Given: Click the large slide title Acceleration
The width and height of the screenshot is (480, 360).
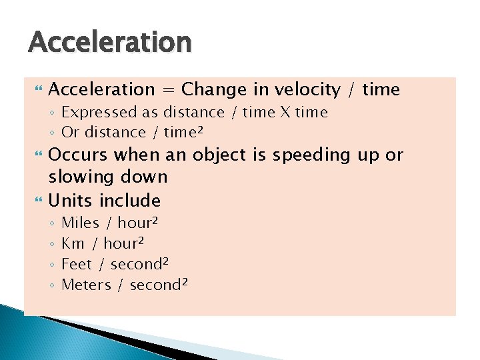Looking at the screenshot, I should coord(110,43).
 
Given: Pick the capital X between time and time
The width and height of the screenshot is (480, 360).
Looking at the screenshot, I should coord(283,113).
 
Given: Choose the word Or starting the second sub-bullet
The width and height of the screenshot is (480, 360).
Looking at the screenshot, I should coord(70,133).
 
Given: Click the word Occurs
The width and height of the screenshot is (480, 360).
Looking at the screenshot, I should coord(79,155).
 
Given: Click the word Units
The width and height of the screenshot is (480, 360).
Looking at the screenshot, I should coord(71,201).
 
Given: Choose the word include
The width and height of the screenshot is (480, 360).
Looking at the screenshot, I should coord(130,201).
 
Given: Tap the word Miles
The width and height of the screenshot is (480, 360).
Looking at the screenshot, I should coord(80,223).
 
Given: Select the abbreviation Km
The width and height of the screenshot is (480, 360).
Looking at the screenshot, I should coord(73,243).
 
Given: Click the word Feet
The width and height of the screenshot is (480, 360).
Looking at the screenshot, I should coord(77,264).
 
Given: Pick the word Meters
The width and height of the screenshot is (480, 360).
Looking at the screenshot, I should coord(86,285).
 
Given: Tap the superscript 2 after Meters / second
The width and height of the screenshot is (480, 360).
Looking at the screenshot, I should coord(185,281).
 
